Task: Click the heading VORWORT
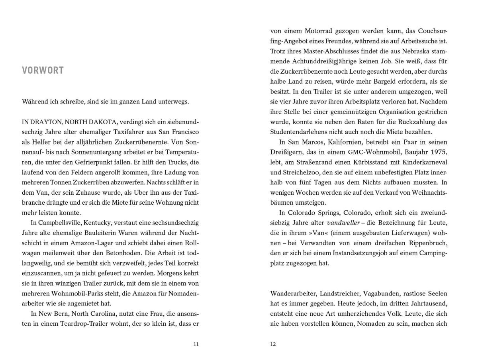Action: click(43, 70)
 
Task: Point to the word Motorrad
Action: click(313, 30)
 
